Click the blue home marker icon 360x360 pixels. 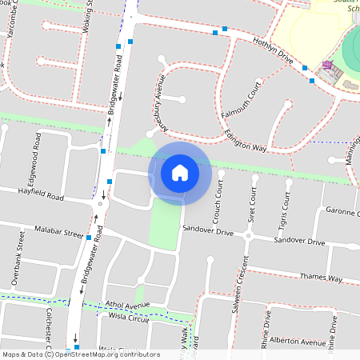(180, 172)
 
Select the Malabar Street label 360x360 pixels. (58, 233)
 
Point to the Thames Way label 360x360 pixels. (320, 278)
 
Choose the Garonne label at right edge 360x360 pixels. (342, 211)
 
